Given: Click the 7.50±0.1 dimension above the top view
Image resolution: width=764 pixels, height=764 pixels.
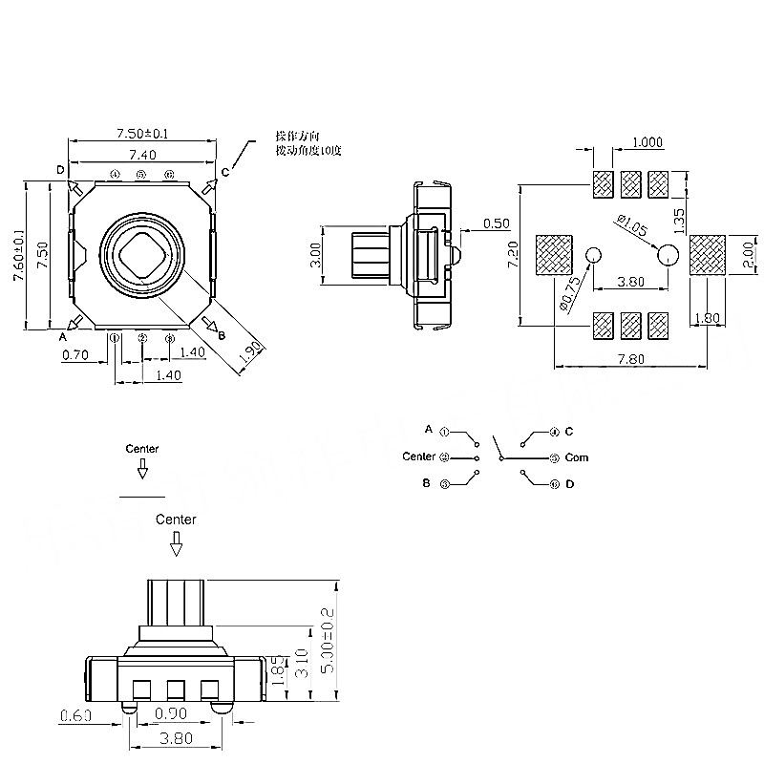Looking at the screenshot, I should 141,134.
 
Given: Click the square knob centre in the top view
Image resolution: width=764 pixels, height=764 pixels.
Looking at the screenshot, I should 141,251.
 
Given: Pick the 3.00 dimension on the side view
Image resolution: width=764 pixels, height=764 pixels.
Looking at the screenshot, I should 316,255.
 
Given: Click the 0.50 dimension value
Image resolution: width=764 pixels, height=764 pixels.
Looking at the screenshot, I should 496,223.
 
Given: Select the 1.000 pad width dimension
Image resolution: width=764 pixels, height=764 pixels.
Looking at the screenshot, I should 647,143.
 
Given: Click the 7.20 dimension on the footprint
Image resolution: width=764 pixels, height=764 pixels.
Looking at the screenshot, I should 513,255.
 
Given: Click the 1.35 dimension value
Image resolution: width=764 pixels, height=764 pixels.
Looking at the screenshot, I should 679,220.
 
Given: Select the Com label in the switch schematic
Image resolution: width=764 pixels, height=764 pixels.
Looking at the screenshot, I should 577,457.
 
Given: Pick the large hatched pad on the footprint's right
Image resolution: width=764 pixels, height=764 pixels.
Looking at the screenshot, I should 708,255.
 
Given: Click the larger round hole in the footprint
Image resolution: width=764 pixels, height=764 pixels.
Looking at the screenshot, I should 667,254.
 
